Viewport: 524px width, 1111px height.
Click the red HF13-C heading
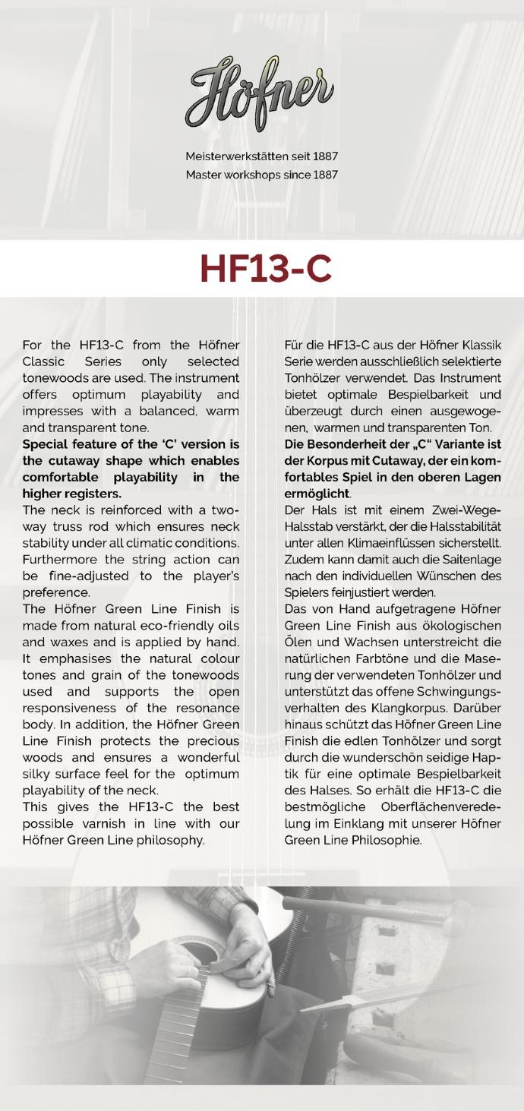[x=265, y=269]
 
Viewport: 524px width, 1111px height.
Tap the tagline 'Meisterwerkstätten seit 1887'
[x=262, y=156]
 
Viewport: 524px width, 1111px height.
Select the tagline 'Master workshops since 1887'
[x=262, y=175]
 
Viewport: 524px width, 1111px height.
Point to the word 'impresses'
[x=52, y=411]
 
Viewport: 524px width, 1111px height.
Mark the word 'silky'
[x=39, y=774]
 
